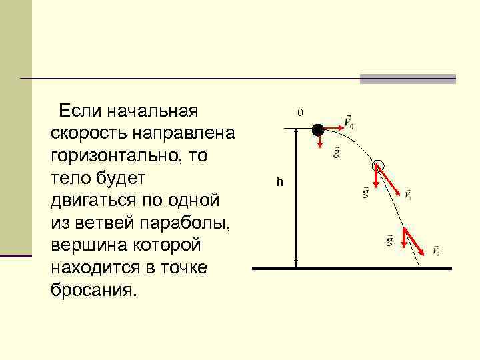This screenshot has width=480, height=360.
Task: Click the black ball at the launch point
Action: pos(319,129)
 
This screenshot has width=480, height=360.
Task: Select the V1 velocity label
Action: pos(407,195)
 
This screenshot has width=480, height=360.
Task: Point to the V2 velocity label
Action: pos(435,251)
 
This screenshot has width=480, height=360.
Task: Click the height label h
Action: pos(281,182)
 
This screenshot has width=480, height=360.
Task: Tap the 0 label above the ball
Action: pos(300,113)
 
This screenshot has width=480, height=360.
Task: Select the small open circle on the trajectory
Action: pos(379,164)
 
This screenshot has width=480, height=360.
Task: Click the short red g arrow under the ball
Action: pos(319,141)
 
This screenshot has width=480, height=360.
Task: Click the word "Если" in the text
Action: pos(78,109)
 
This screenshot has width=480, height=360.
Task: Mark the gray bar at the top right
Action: pos(407,79)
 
